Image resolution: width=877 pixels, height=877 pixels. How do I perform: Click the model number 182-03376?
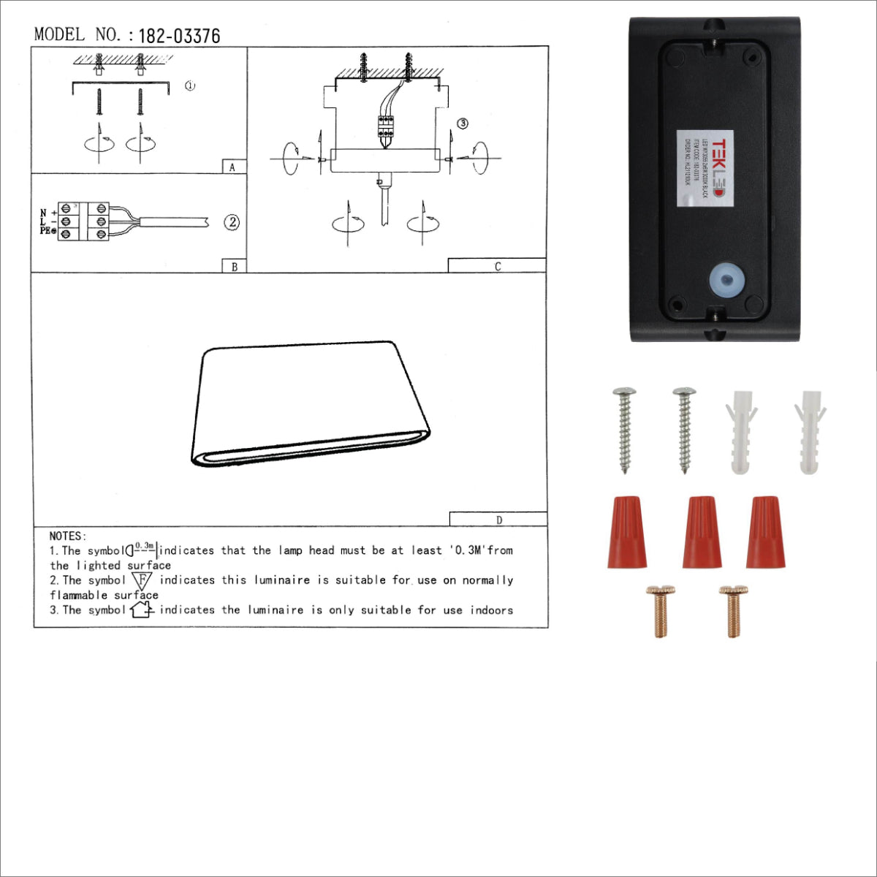coord(179,36)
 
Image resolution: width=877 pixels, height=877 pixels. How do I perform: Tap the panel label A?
coord(232,167)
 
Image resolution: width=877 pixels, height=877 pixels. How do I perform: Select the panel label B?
coord(234,267)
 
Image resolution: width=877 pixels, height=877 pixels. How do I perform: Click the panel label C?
coord(498,267)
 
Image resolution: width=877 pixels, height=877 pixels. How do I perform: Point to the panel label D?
coord(499,520)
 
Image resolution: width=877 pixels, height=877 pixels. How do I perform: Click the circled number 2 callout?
coord(232,222)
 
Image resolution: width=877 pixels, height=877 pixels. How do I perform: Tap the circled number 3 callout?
coord(462,124)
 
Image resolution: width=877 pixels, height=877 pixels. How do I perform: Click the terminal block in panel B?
coord(83,221)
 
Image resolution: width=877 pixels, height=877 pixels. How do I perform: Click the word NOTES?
coord(68,536)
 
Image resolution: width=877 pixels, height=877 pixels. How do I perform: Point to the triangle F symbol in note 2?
coord(143,580)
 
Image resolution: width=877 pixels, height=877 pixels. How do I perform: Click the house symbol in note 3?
coord(141,610)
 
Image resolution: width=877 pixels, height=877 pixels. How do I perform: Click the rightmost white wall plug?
coord(809,431)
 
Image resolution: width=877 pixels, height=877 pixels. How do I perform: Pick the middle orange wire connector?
coord(702,531)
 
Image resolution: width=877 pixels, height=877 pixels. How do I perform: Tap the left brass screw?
coord(660,611)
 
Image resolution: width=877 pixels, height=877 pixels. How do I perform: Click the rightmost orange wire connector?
coord(766,531)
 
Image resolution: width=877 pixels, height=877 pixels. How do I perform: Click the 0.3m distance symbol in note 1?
coord(143,548)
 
